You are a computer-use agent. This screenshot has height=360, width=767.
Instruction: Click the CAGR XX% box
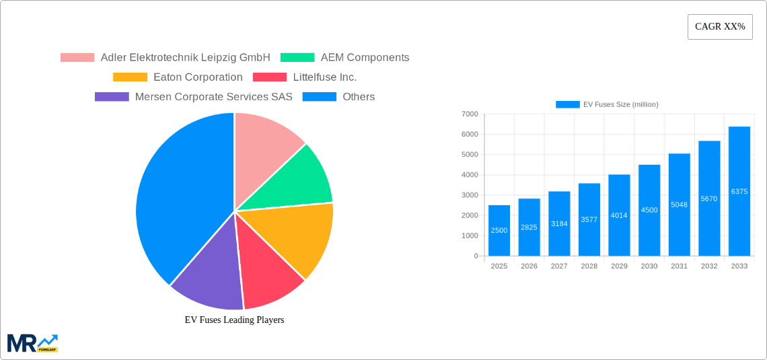(720, 27)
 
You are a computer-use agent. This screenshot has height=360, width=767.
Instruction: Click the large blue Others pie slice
(178, 195)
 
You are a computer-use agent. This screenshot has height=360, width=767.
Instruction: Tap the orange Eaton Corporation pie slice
(301, 236)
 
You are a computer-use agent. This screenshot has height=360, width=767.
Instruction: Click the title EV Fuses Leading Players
(234, 320)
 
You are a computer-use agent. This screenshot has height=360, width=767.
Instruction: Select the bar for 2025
(499, 230)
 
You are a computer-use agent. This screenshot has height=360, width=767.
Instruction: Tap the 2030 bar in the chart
(649, 210)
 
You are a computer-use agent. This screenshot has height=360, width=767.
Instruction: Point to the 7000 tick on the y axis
(470, 114)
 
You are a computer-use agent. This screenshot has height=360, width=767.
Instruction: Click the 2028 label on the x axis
(589, 266)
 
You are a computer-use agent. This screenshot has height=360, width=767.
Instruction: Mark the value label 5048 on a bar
(679, 205)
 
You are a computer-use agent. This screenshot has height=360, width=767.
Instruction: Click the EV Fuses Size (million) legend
(607, 104)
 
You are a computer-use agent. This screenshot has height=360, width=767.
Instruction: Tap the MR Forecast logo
(32, 343)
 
